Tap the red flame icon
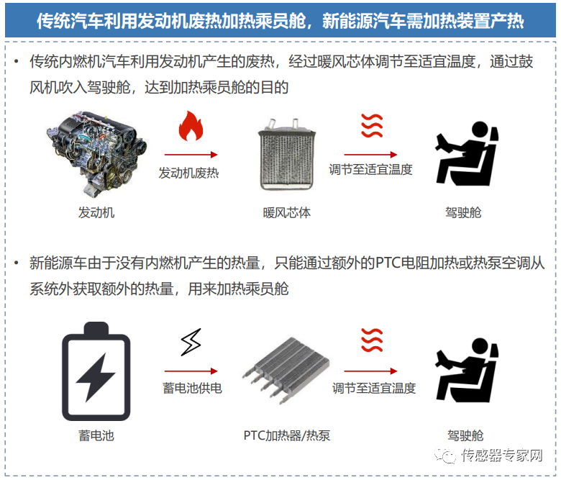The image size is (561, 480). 191,127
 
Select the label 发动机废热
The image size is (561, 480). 188,173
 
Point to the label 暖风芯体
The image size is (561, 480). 286,212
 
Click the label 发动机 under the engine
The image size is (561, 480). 96,212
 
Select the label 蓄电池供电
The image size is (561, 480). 192,388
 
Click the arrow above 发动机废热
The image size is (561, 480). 191,155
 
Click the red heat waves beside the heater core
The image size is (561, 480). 371,126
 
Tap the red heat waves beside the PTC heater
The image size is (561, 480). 371,340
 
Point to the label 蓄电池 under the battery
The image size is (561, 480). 96,435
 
